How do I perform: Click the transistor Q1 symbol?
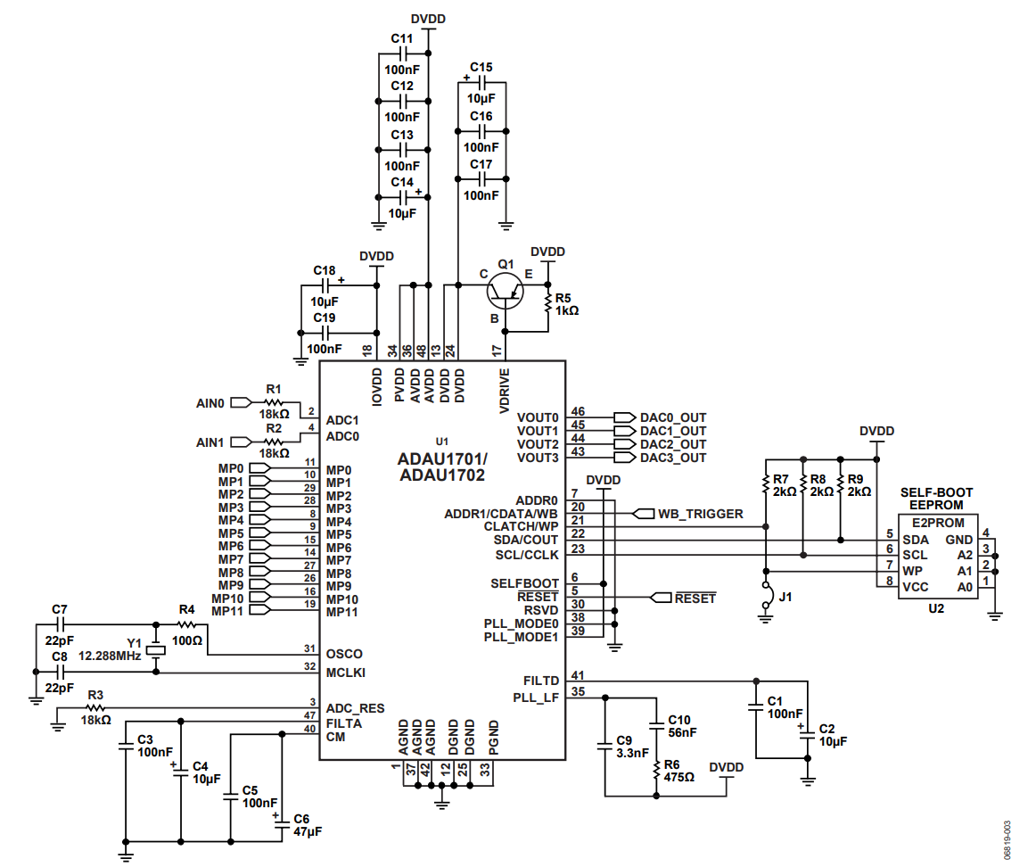click(x=505, y=291)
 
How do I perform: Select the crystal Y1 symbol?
click(x=156, y=649)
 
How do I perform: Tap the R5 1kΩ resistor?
click(x=547, y=304)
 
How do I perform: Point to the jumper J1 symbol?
click(x=766, y=595)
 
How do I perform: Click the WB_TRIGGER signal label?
click(x=701, y=514)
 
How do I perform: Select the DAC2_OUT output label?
click(x=672, y=444)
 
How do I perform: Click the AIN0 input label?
click(x=210, y=402)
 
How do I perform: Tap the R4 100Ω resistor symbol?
click(x=187, y=623)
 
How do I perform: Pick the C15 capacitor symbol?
click(x=481, y=83)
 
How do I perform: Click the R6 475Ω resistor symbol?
click(x=656, y=771)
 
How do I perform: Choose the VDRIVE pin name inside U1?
click(x=504, y=392)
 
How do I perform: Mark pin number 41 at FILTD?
click(x=578, y=674)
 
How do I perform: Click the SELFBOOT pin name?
click(x=524, y=583)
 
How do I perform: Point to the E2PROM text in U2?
click(x=938, y=522)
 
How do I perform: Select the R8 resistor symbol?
click(x=802, y=485)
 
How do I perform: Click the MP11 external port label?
click(x=226, y=611)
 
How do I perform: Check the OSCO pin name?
click(x=344, y=654)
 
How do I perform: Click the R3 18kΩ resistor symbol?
click(x=95, y=708)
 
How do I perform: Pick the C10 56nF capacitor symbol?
click(x=656, y=725)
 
